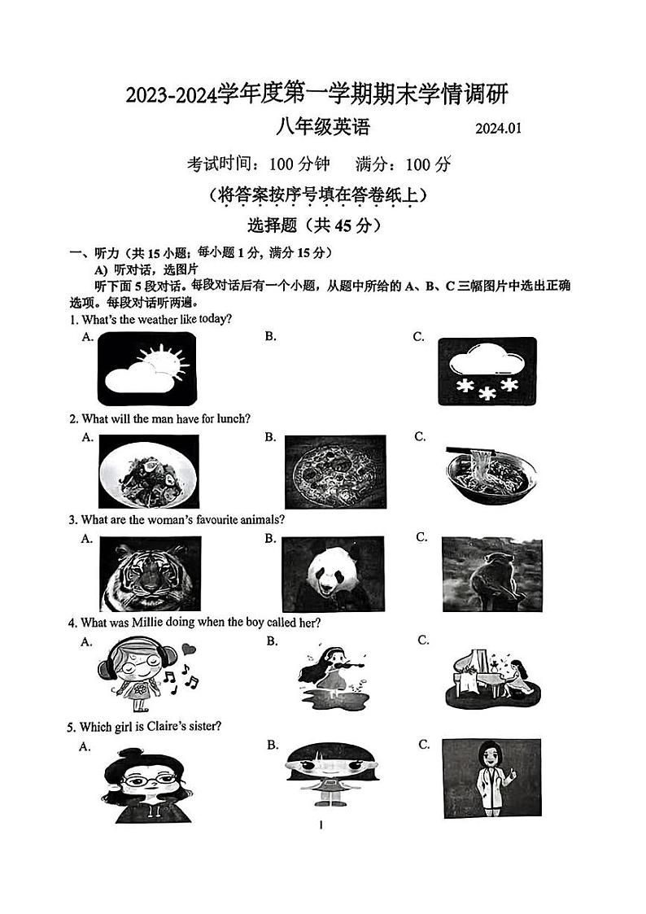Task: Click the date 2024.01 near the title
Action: coord(497,129)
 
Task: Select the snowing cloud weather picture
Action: coord(487,370)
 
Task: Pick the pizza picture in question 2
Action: coord(335,472)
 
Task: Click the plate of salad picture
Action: coord(149,472)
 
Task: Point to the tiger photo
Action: coord(149,574)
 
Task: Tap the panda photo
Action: coord(333,574)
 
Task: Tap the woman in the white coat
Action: coord(491,777)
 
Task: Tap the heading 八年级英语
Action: coord(322,127)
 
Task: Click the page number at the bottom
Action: coord(322,825)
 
